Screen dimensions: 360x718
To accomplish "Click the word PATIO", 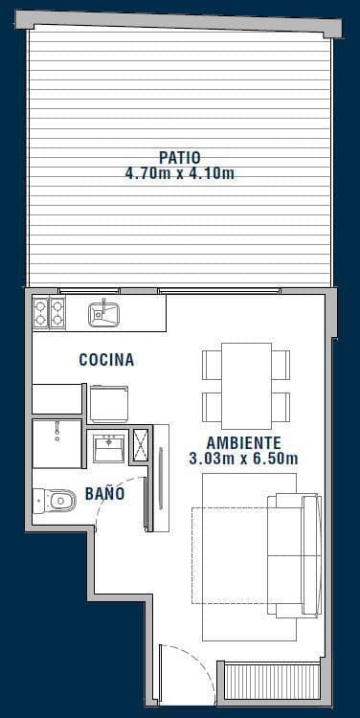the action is point(180,158).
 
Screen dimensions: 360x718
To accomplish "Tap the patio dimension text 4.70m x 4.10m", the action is point(180,174).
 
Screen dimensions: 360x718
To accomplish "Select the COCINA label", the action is point(106,360).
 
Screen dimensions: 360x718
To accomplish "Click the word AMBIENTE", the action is point(243,443).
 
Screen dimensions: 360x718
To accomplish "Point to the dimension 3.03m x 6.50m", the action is point(243,459).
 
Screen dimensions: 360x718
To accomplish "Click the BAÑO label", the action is point(105,494).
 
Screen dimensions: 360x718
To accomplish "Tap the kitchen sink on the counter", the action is point(104,313).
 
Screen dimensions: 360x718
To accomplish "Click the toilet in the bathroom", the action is point(55,501).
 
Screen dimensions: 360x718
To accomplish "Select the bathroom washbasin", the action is point(109,448).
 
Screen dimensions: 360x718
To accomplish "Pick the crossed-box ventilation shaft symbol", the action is point(140,444).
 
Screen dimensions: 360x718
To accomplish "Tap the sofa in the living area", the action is point(294,554).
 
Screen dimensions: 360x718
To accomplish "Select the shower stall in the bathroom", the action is point(56,443).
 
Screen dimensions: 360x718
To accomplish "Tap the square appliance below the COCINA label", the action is point(109,403).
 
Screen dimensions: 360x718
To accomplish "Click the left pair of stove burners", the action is point(41,313).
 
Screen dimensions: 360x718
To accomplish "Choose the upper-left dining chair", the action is point(212,366).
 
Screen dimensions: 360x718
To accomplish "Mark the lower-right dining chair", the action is point(281,407).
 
